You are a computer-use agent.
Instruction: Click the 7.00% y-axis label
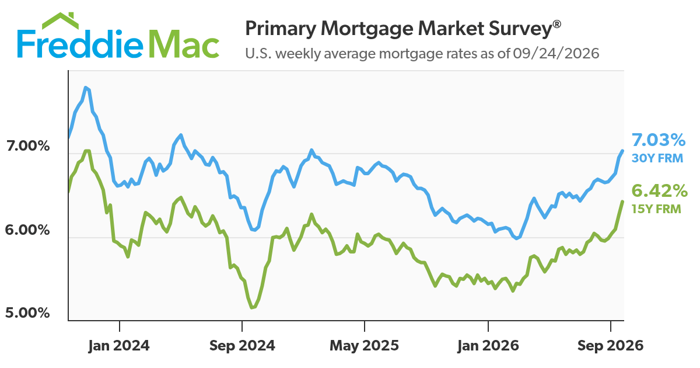(28, 146)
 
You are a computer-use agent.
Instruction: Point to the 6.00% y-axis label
(27, 230)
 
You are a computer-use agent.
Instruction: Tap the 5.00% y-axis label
(27, 313)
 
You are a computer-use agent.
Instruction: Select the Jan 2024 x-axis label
(119, 346)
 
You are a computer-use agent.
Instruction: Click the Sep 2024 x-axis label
(242, 346)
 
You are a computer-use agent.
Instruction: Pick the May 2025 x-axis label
(365, 346)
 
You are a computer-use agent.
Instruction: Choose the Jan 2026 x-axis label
(488, 346)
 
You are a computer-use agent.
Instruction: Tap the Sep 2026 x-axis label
(611, 346)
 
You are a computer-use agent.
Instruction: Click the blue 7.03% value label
(659, 140)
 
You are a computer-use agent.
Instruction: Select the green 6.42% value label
(659, 191)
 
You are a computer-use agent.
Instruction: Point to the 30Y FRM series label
(657, 158)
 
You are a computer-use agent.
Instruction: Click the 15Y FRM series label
(656, 209)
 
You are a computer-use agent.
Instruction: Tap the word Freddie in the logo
(80, 44)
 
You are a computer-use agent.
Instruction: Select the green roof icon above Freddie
(60, 20)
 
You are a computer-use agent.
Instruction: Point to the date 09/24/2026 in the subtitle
(556, 54)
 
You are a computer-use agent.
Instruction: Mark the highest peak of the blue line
(86, 87)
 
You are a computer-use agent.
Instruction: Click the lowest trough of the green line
(252, 308)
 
